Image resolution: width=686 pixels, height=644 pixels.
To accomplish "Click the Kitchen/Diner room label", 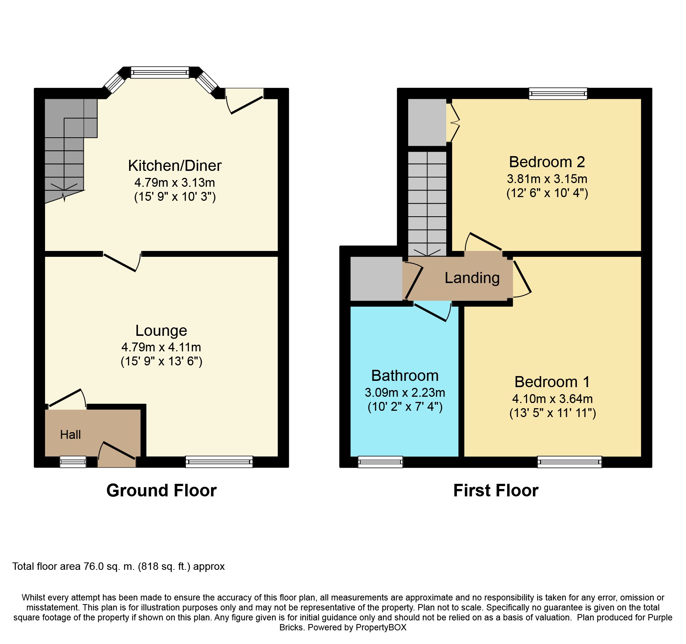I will (174, 166).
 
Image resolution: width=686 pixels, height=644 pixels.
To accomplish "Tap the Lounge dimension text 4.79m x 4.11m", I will (161, 347).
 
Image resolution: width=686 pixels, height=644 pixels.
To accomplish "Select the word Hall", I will (70, 435).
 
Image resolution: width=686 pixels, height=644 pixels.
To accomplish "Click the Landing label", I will (472, 278).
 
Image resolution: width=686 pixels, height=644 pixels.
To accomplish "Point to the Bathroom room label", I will (405, 376).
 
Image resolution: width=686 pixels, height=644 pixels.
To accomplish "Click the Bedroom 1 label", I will (552, 382).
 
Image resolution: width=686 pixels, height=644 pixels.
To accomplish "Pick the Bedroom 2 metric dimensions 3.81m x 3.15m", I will (547, 179).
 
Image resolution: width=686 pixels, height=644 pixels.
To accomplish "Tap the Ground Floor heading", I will (161, 490).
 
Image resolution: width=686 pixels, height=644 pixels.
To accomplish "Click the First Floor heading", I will (495, 490).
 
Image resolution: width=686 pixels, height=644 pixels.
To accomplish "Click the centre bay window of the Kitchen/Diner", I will (160, 72).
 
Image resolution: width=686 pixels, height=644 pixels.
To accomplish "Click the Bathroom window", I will (380, 462).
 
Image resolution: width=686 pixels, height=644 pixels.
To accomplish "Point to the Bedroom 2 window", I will (558, 93).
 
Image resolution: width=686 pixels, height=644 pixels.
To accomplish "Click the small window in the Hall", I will (73, 462).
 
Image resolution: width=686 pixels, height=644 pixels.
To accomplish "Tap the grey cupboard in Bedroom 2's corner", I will (427, 122).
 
